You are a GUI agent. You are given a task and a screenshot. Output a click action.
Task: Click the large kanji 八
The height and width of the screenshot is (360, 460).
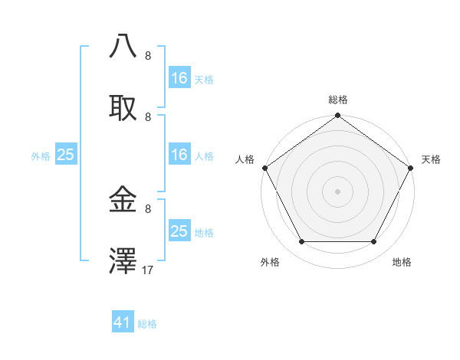click(123, 47)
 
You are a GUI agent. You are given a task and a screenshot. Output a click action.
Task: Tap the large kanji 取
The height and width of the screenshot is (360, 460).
click(123, 108)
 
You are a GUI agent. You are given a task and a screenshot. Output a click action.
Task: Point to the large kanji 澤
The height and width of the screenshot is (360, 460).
click(123, 260)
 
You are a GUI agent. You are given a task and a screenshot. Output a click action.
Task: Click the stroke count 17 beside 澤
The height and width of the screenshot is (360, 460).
click(148, 270)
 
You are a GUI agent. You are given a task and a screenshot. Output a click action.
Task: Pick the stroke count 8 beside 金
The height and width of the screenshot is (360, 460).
click(148, 208)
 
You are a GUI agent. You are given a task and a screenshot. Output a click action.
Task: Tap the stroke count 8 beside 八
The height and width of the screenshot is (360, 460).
click(148, 56)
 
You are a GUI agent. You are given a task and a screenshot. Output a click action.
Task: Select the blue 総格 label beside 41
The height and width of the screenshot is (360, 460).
click(147, 324)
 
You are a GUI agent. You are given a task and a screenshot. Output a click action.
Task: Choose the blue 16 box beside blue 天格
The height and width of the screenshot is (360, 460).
click(179, 78)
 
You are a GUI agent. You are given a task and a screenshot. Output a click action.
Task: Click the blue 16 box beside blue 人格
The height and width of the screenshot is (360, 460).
click(179, 155)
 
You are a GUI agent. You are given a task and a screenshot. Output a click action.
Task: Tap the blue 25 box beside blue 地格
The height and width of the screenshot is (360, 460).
click(179, 231)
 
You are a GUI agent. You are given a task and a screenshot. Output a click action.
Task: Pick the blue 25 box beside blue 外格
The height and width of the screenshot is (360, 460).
click(65, 155)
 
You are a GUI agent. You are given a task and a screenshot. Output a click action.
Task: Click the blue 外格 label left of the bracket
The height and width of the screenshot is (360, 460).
click(41, 155)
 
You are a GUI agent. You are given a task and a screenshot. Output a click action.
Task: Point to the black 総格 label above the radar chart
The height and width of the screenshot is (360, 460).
click(337, 100)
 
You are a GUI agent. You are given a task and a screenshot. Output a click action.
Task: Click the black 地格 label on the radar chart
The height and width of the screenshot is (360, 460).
click(402, 262)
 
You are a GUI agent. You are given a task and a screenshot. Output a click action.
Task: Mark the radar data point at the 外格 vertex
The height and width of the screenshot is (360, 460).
click(301, 242)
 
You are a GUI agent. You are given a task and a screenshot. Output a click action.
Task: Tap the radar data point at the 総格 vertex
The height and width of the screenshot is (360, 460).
click(337, 116)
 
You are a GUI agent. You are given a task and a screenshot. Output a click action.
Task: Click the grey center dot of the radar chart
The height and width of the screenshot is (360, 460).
click(337, 191)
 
